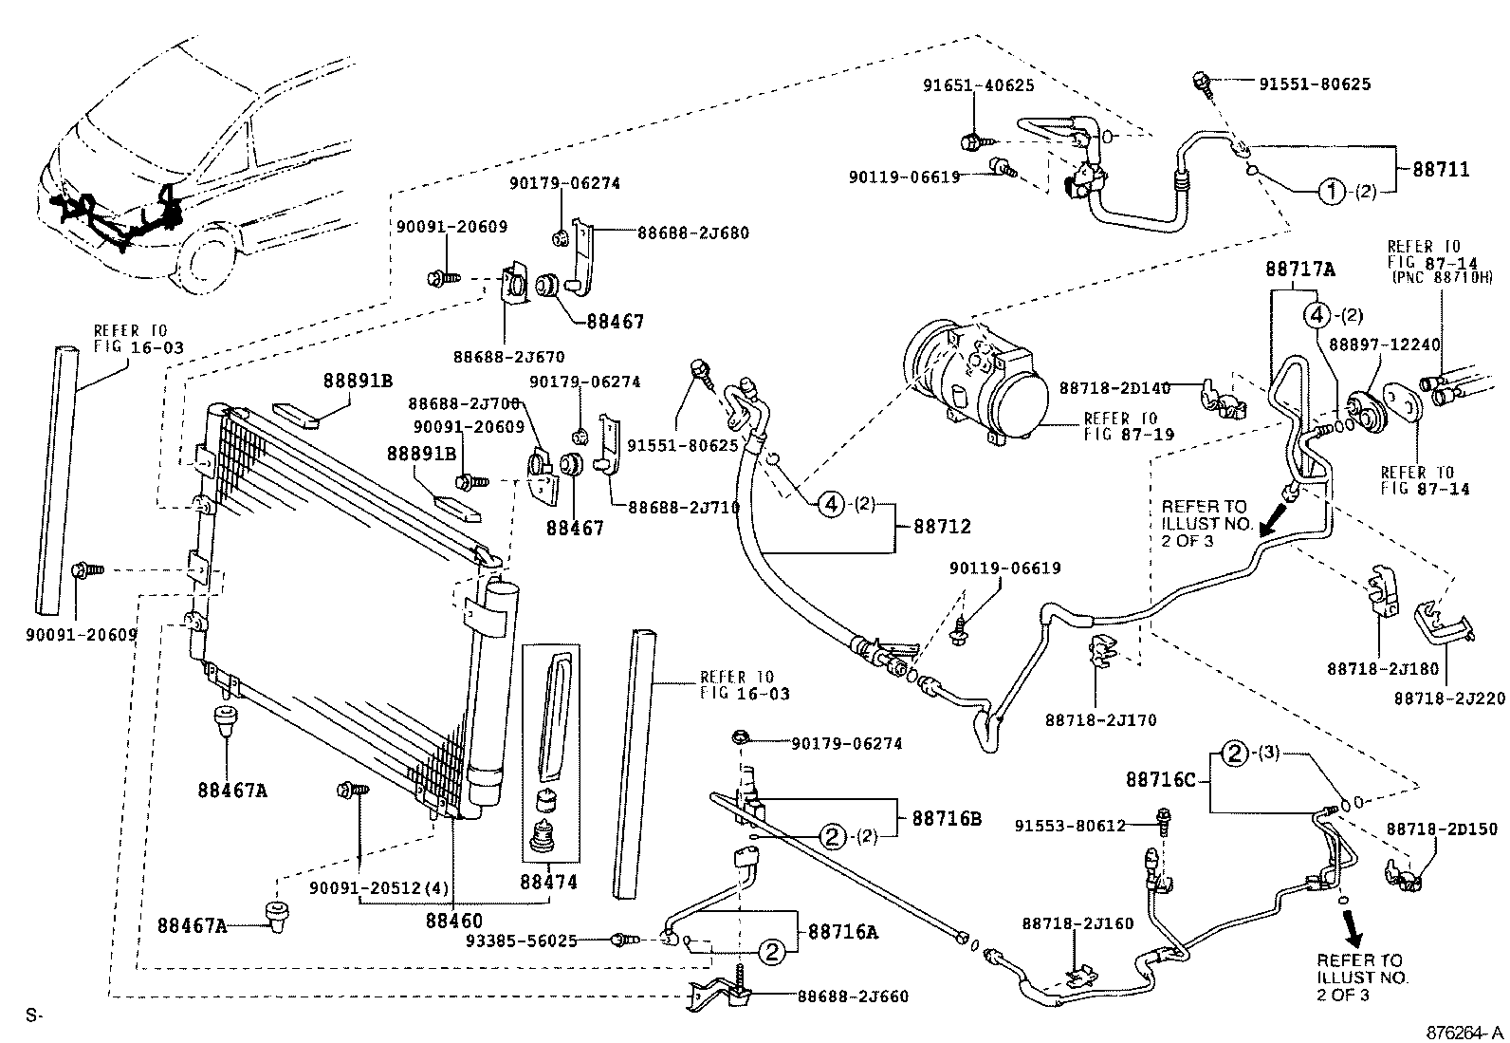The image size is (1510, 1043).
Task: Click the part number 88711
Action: (1441, 170)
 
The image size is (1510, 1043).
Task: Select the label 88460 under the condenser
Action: (453, 920)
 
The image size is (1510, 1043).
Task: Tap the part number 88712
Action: (942, 527)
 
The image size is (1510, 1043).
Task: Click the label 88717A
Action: (1299, 270)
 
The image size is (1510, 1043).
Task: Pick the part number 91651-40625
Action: (978, 85)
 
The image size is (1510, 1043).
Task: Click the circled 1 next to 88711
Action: (1331, 192)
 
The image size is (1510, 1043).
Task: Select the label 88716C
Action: (1160, 779)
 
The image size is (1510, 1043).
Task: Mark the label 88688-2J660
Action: (853, 996)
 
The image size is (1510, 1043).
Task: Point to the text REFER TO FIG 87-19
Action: (1129, 426)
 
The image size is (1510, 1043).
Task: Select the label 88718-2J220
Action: (1449, 698)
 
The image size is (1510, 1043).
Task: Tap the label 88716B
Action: (948, 817)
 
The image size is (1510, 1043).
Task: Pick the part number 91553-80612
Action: (1080, 826)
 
